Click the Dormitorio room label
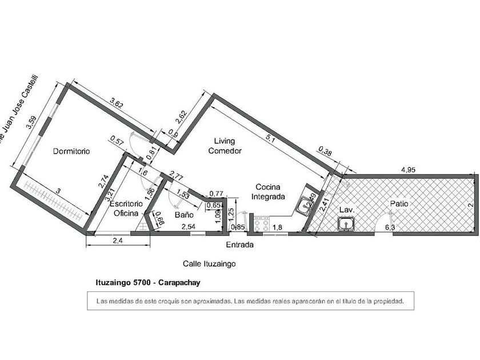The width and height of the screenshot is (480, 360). (71, 151)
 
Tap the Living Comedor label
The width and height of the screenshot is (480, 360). (225, 146)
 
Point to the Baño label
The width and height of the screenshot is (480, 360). (182, 215)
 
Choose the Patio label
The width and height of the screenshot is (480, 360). (399, 203)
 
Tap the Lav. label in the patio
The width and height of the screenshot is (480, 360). (347, 210)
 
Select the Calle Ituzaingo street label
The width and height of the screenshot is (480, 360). (209, 264)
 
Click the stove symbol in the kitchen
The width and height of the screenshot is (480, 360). (262, 225)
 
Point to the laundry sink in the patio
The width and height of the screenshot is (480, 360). (346, 226)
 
